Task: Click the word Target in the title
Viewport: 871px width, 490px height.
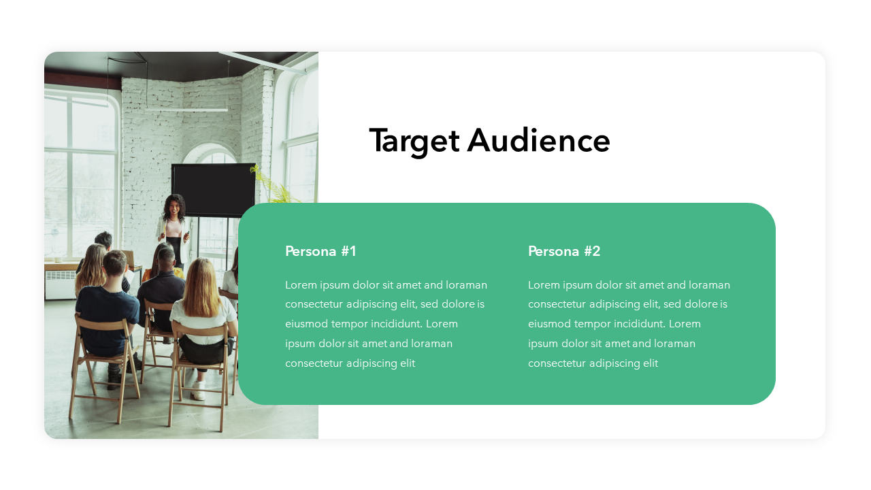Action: click(x=414, y=142)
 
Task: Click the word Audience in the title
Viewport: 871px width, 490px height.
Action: click(x=538, y=140)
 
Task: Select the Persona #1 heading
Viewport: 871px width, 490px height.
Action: click(x=321, y=251)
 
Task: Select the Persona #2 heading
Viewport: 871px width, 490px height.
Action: click(x=564, y=251)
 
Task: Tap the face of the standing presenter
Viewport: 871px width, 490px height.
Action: click(x=175, y=207)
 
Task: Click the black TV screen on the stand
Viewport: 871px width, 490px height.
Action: click(x=214, y=190)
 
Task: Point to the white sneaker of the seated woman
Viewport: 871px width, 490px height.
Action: click(x=198, y=390)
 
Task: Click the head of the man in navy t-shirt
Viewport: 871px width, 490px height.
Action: click(x=114, y=264)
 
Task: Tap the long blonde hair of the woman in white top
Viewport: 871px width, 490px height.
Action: click(x=200, y=287)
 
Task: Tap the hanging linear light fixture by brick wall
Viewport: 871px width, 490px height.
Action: click(x=186, y=110)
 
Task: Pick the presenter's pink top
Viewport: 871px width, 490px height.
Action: click(x=174, y=228)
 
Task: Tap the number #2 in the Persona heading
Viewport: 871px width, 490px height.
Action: click(x=592, y=251)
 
